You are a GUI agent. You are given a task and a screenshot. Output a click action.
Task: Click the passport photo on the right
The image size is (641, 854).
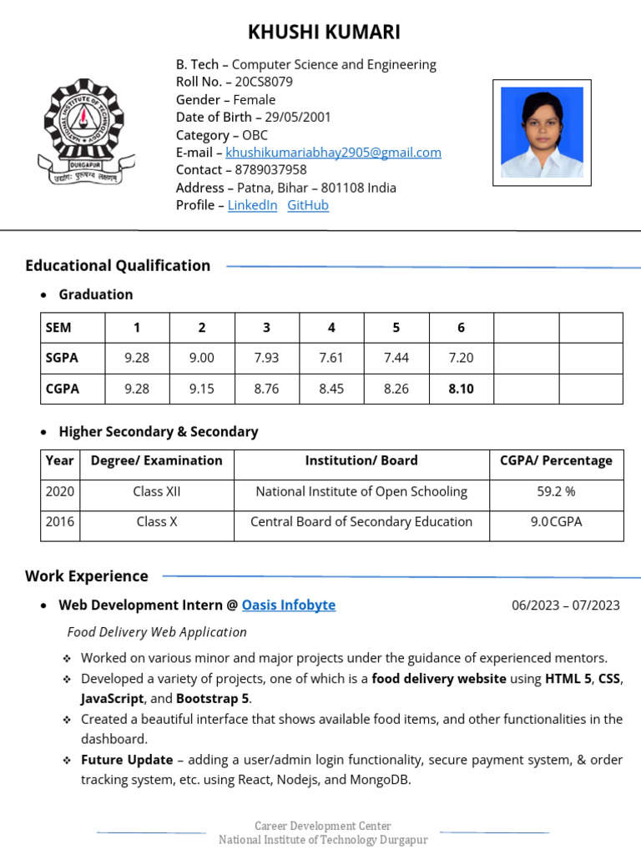(542, 133)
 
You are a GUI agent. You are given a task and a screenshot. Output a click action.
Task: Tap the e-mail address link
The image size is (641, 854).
(333, 153)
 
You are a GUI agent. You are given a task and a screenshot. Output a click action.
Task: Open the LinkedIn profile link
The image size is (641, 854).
(252, 205)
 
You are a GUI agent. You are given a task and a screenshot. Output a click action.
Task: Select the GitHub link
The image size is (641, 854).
(308, 205)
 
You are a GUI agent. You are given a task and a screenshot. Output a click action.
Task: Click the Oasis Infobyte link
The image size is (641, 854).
(289, 605)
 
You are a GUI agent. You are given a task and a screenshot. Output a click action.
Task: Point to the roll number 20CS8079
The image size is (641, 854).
(264, 82)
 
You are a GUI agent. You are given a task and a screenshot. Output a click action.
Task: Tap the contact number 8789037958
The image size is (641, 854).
(270, 170)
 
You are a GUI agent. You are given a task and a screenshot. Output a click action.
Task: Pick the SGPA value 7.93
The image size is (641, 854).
(266, 358)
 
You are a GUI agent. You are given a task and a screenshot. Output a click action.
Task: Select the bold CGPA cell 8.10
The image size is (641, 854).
(461, 389)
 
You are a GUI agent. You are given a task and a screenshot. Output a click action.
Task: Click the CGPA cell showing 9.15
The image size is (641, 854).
(201, 389)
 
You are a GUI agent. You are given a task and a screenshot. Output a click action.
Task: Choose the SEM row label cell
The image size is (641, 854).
(73, 328)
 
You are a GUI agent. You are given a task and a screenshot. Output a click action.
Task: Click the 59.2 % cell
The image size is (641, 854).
(556, 492)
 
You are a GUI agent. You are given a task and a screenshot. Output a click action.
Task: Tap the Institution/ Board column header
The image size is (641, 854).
(361, 460)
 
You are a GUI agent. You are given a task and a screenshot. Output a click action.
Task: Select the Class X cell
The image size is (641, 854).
(157, 522)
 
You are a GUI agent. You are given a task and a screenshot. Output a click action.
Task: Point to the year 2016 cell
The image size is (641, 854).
(60, 522)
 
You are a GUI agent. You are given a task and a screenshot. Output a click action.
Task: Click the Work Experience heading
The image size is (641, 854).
(87, 576)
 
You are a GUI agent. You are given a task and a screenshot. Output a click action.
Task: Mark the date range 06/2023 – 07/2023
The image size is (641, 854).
(566, 605)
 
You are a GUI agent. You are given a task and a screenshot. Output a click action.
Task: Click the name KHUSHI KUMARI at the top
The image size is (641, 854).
(324, 33)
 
